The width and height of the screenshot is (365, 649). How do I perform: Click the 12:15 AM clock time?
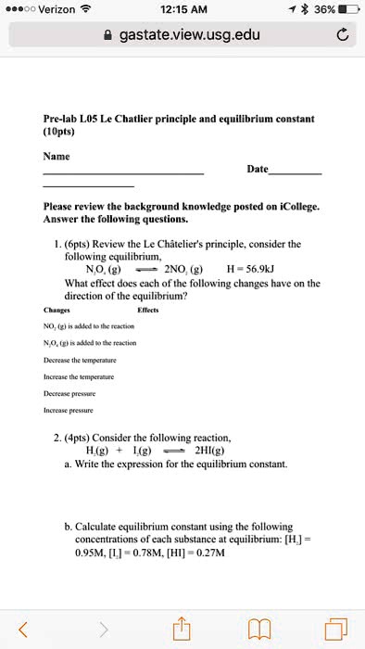[183, 9]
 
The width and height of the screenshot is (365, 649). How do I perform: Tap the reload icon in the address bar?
[340, 36]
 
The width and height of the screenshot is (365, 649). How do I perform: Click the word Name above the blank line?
[57, 157]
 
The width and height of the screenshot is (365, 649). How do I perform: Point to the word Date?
[258, 170]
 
